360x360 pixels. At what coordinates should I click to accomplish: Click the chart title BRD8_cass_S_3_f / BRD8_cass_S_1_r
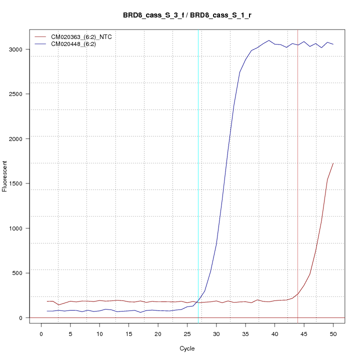pos(187,15)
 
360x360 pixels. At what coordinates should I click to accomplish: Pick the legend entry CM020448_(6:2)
pos(77,44)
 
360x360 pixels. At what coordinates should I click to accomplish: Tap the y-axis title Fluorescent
pos(5,176)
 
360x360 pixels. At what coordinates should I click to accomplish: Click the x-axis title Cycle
pos(187,348)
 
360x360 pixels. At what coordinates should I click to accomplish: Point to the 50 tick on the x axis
pos(333,333)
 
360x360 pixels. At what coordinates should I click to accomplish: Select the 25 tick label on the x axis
pos(187,333)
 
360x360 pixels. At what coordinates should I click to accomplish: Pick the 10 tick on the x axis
pos(99,333)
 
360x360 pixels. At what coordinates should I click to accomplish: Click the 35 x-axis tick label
pos(245,333)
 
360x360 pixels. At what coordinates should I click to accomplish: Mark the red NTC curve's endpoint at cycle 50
pos(333,163)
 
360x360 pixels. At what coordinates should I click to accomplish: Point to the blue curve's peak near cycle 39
pos(269,40)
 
